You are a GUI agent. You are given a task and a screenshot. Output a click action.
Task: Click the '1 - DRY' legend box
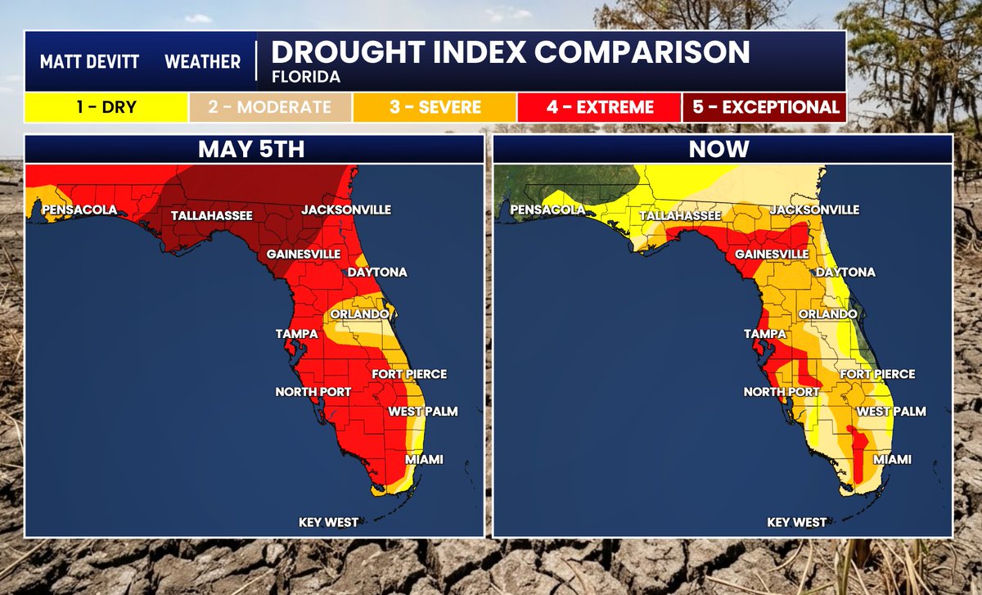(x=106, y=107)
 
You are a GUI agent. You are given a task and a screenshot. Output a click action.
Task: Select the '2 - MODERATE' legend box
(x=270, y=107)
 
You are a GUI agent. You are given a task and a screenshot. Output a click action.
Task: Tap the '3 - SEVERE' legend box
(x=435, y=107)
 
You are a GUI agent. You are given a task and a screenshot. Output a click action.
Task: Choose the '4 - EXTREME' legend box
(x=599, y=107)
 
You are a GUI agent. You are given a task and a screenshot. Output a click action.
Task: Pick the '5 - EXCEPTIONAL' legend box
(x=764, y=107)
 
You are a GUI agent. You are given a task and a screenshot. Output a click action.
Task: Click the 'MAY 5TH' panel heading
(x=251, y=149)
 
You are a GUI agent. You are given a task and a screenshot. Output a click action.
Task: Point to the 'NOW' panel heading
(x=719, y=149)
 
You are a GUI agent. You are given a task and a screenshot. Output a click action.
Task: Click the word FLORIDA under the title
(x=306, y=77)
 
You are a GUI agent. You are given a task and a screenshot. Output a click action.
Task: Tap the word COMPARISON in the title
(x=642, y=52)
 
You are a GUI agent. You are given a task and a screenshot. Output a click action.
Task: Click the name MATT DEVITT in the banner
(x=89, y=62)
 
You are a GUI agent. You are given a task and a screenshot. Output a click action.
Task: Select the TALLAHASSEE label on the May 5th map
(x=212, y=216)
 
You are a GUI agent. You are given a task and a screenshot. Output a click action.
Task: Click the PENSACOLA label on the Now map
(x=548, y=210)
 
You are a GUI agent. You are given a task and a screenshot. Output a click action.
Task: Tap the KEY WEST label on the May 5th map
(x=328, y=522)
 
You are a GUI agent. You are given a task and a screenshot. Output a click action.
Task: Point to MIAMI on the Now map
(x=892, y=459)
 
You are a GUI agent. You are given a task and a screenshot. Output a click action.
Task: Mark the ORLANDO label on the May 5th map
(x=359, y=314)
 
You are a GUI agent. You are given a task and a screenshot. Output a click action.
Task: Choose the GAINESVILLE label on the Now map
(x=772, y=254)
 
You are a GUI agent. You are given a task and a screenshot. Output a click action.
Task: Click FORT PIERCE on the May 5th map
(x=409, y=374)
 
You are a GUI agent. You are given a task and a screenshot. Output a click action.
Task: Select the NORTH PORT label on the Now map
(x=782, y=391)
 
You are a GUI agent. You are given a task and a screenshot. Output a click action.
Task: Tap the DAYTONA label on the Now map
(x=845, y=273)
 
